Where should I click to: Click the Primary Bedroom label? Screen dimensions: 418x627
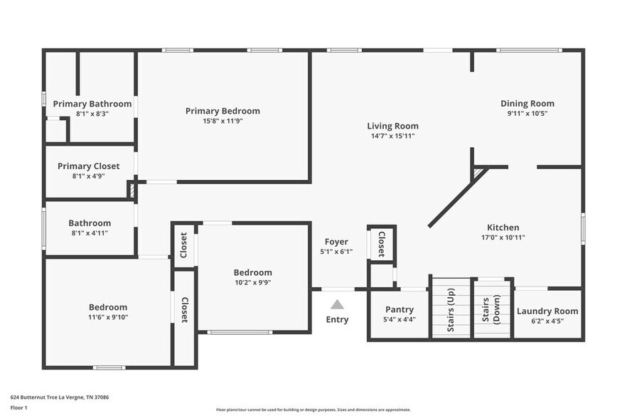[x=223, y=111]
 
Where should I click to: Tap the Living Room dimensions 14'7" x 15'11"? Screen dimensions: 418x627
[x=392, y=136]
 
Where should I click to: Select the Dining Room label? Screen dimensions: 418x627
[x=527, y=104]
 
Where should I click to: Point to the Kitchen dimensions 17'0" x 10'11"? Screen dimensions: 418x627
[x=503, y=238]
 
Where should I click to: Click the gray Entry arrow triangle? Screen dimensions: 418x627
[x=337, y=304]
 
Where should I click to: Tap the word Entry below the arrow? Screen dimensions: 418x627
[x=337, y=320]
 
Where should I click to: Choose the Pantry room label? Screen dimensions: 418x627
[x=399, y=311]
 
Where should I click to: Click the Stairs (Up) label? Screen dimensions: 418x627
[x=451, y=308]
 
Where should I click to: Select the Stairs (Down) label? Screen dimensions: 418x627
[x=491, y=308]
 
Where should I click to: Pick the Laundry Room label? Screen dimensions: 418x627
[x=547, y=311]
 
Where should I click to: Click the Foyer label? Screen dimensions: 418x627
[x=336, y=242]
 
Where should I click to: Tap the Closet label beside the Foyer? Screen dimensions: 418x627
[x=381, y=244]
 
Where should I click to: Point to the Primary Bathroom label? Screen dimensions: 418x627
[x=92, y=104]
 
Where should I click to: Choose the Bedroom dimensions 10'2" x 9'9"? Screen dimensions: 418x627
[x=252, y=282]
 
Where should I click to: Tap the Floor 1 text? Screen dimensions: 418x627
[x=18, y=407]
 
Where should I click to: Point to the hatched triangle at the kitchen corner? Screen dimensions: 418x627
[x=478, y=172]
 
